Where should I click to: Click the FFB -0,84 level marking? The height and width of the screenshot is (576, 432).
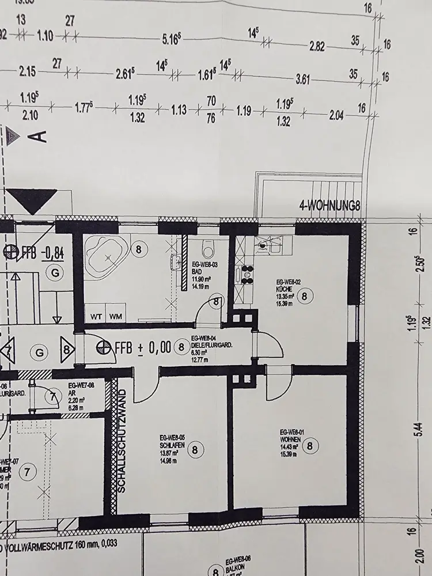tap(46, 252)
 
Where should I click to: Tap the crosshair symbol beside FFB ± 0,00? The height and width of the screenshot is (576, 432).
tap(104, 347)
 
